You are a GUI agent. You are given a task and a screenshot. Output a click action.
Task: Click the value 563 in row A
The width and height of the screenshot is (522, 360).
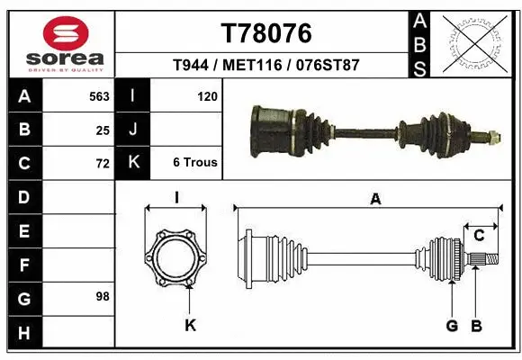[x=99, y=95]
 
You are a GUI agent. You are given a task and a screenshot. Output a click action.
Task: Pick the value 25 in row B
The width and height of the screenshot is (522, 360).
[x=103, y=130]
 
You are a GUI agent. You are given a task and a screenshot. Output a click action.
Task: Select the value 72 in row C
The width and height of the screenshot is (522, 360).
[x=103, y=164]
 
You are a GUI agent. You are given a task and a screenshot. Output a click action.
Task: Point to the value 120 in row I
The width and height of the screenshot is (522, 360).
[x=207, y=95]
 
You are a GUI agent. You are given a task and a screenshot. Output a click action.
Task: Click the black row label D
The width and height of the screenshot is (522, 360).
[x=23, y=196]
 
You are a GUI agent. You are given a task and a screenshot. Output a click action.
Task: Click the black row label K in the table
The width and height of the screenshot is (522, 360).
[x=132, y=163]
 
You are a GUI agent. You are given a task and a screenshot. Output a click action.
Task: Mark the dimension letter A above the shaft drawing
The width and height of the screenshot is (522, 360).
[x=375, y=200]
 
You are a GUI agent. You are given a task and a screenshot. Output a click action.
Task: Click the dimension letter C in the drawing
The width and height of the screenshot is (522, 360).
[x=479, y=236]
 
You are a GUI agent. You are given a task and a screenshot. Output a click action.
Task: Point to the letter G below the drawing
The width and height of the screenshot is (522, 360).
[x=452, y=325]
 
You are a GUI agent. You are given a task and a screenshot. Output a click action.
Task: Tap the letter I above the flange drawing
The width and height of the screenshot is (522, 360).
[x=177, y=198]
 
